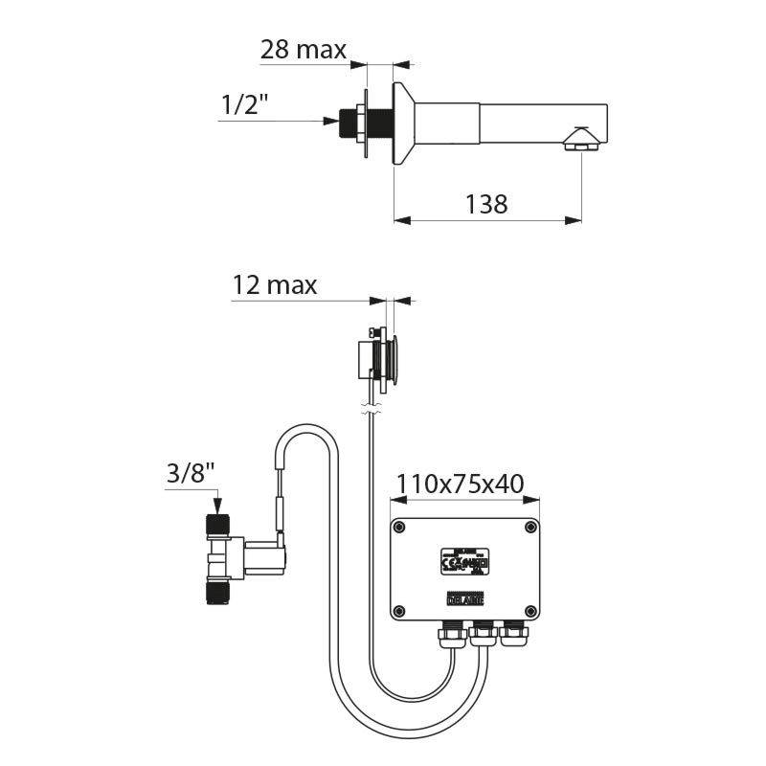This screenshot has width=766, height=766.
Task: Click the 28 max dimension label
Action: [303, 50]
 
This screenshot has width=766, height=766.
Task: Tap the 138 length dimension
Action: [486, 203]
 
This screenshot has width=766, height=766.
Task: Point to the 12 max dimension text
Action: [274, 285]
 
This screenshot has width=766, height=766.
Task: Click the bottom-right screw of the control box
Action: [530, 610]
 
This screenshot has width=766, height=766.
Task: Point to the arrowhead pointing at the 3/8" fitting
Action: [217, 507]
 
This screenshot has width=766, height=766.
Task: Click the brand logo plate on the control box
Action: [464, 598]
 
